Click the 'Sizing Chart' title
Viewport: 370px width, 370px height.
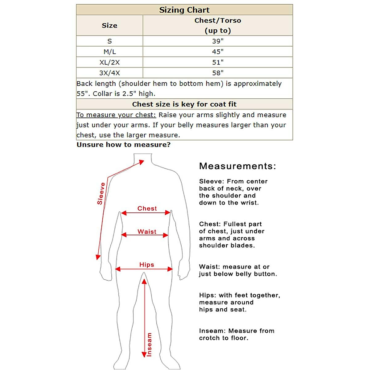(184, 10)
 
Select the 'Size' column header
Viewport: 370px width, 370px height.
(109, 26)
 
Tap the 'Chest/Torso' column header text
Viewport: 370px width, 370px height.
(218, 21)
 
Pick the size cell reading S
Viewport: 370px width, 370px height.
(109, 41)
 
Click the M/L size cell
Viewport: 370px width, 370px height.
(109, 52)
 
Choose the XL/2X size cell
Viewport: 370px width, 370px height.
(109, 62)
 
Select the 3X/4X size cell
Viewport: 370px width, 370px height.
(109, 73)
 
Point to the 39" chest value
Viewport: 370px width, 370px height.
(218, 41)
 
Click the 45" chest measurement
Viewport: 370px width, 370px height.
(218, 52)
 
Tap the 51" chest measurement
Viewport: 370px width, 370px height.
(218, 62)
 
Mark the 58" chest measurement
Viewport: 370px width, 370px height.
(218, 73)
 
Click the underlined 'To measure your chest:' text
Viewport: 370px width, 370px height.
(116, 115)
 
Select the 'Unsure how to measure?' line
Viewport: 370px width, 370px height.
(123, 145)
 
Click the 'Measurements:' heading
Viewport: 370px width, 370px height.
(237, 166)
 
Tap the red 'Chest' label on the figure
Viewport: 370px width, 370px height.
(147, 208)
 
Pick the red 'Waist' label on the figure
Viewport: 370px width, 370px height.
(147, 232)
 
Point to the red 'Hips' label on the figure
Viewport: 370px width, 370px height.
(146, 265)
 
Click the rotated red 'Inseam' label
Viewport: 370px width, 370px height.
(149, 345)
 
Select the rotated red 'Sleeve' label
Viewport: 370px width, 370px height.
(101, 194)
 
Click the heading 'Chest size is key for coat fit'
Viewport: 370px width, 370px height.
(184, 104)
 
